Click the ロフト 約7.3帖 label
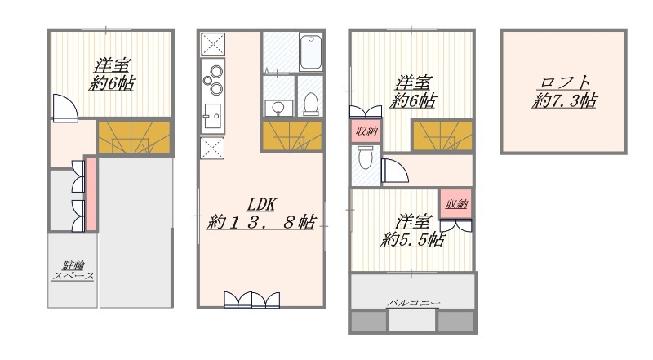(x=564, y=92)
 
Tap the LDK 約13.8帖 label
(x=261, y=214)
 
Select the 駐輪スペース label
(x=73, y=270)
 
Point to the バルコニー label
(x=414, y=303)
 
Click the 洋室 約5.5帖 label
(x=413, y=231)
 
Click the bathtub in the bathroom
(x=311, y=52)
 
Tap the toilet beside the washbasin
(x=311, y=104)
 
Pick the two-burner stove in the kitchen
(x=213, y=79)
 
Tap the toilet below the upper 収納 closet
(x=365, y=158)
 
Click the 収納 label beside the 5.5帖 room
(x=457, y=204)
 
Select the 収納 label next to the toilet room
(x=366, y=131)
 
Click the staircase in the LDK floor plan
(x=292, y=136)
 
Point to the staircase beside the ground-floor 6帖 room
(x=134, y=136)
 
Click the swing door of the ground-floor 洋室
(x=65, y=108)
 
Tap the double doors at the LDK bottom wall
(x=251, y=300)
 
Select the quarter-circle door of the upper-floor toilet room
(x=395, y=171)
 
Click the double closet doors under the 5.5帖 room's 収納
(x=456, y=225)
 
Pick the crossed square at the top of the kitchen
(x=213, y=45)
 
